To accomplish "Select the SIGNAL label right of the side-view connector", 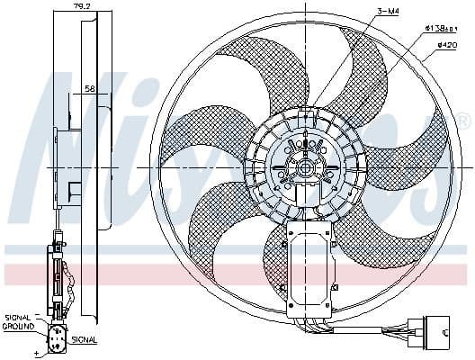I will click(85, 339).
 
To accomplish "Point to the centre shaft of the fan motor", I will click(308, 167).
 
